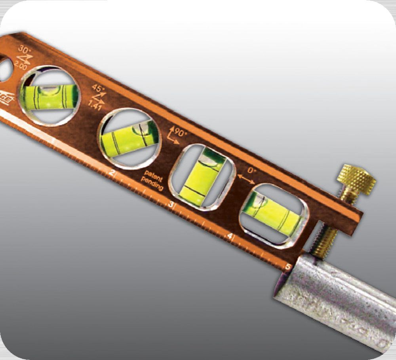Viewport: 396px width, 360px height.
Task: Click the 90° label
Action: coord(181,133)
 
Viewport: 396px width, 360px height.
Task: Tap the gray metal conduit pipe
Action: coord(341,301)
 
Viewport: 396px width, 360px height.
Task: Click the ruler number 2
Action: coord(112,172)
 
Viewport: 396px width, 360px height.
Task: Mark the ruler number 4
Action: coord(230,236)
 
